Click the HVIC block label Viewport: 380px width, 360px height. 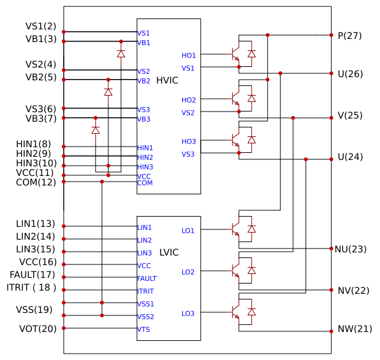[167, 80]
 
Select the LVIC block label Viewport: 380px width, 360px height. [169, 252]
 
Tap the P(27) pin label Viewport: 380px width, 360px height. [349, 36]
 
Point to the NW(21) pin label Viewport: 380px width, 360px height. [354, 329]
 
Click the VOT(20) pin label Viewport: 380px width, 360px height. [38, 329]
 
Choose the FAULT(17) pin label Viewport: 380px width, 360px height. [33, 275]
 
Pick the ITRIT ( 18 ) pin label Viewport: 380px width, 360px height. [31, 287]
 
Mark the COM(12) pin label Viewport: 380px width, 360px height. [36, 182]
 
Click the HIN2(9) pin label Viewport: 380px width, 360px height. [33, 154]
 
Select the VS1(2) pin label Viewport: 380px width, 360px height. [41, 26]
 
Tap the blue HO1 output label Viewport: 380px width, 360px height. [189, 55]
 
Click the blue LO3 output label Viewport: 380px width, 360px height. [188, 313]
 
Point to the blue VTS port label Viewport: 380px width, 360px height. [143, 329]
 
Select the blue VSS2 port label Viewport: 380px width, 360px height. [145, 317]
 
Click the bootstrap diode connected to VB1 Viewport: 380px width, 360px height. [121, 54]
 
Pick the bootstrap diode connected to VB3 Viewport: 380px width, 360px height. [96, 131]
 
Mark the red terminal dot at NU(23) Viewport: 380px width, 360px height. [332, 248]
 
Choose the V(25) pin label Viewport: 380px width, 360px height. [350, 115]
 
